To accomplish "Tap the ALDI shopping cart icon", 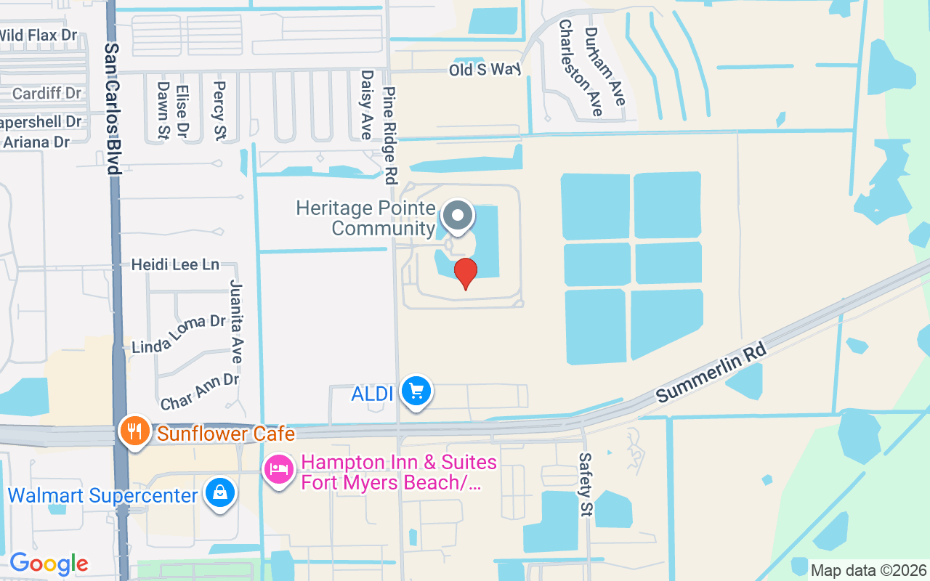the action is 416,392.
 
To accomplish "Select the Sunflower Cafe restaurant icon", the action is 133,431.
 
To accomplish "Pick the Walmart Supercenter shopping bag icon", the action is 219,492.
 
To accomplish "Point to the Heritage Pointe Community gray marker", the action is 458,216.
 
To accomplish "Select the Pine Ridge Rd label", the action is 391,134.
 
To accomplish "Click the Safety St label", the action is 585,484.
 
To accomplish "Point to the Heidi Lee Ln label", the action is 175,264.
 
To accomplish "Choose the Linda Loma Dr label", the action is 179,333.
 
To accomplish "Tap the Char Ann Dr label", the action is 200,391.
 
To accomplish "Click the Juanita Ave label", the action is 236,321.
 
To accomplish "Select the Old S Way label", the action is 485,70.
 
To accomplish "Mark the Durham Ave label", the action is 604,67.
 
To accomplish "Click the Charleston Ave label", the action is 580,67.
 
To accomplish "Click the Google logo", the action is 49,564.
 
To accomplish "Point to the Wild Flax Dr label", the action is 38,35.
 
